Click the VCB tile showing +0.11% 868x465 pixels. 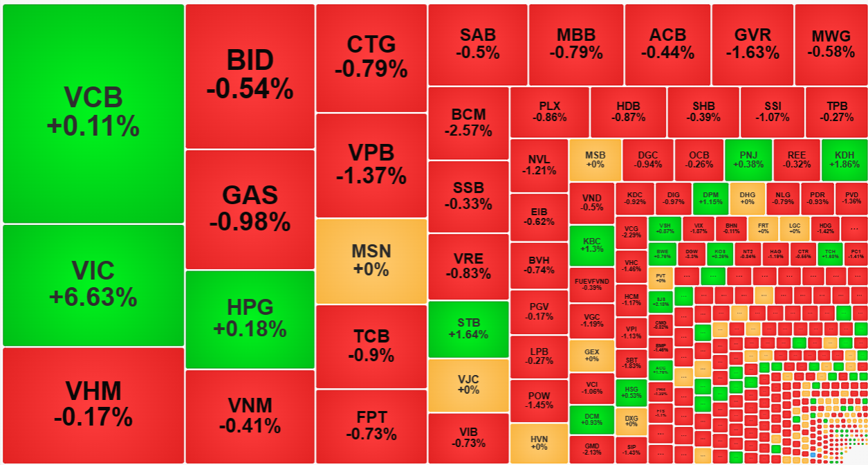pyautogui.click(x=93, y=113)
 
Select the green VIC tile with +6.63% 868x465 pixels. pyautogui.click(x=93, y=284)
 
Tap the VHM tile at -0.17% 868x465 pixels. pyautogui.click(x=93, y=405)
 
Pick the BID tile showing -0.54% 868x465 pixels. pyautogui.click(x=250, y=75)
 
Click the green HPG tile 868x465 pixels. pyautogui.click(x=250, y=318)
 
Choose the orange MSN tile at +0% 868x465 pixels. pyautogui.click(x=371, y=261)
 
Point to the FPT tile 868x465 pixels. pyautogui.click(x=371, y=426)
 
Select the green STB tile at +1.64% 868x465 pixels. pyautogui.click(x=468, y=329)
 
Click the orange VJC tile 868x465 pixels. pyautogui.click(x=468, y=385)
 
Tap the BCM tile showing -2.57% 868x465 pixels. pyautogui.click(x=468, y=122)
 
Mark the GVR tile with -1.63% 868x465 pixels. pyautogui.click(x=752, y=44)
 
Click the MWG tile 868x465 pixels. pyautogui.click(x=831, y=44)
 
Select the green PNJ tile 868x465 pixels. pyautogui.click(x=748, y=160)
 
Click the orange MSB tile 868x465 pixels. pyautogui.click(x=594, y=160)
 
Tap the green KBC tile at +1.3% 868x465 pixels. pyautogui.click(x=592, y=246)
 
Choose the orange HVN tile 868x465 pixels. pyautogui.click(x=539, y=443)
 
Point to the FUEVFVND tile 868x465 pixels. pyautogui.click(x=592, y=284)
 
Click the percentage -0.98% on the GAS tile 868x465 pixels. pyautogui.click(x=250, y=221)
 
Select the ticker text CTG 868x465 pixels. pyautogui.click(x=371, y=44)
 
